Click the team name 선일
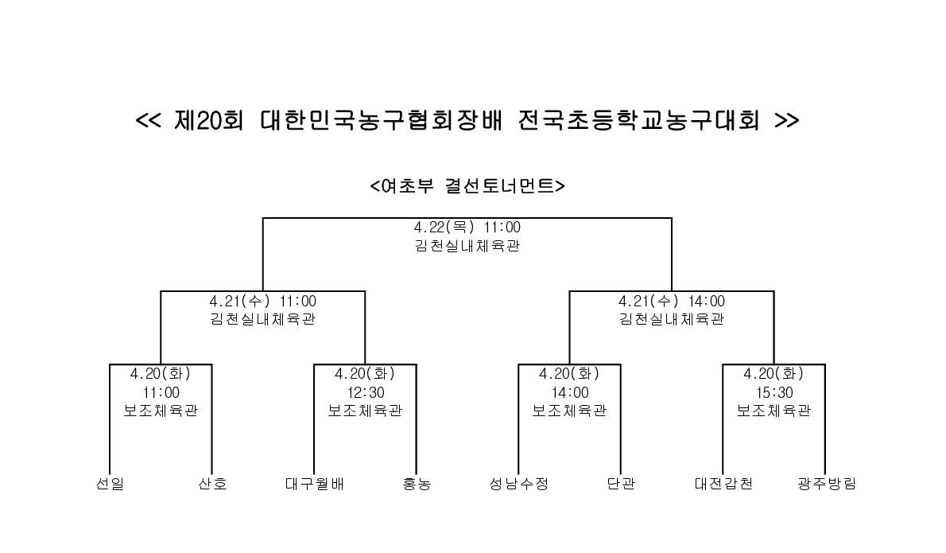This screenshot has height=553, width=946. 110,484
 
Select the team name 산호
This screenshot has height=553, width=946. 212,484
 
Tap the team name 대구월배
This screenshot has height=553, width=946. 314,484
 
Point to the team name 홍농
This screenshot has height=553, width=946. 417,484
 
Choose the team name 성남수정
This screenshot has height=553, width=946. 519,484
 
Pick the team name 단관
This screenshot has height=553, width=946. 621,484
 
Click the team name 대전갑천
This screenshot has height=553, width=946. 723,484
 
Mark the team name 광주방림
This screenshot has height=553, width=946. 826,484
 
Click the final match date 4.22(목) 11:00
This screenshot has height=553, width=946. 467,228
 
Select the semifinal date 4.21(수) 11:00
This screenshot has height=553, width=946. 263,302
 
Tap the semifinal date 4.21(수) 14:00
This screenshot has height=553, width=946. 672,302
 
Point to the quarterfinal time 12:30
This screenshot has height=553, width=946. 366,392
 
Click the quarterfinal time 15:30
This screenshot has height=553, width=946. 774,392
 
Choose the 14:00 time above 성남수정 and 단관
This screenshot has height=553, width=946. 569,392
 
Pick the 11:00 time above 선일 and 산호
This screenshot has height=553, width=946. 161,392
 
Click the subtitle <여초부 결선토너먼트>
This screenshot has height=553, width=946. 467,186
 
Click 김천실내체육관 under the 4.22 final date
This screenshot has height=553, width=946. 467,246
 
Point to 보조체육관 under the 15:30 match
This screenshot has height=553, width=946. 774,411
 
